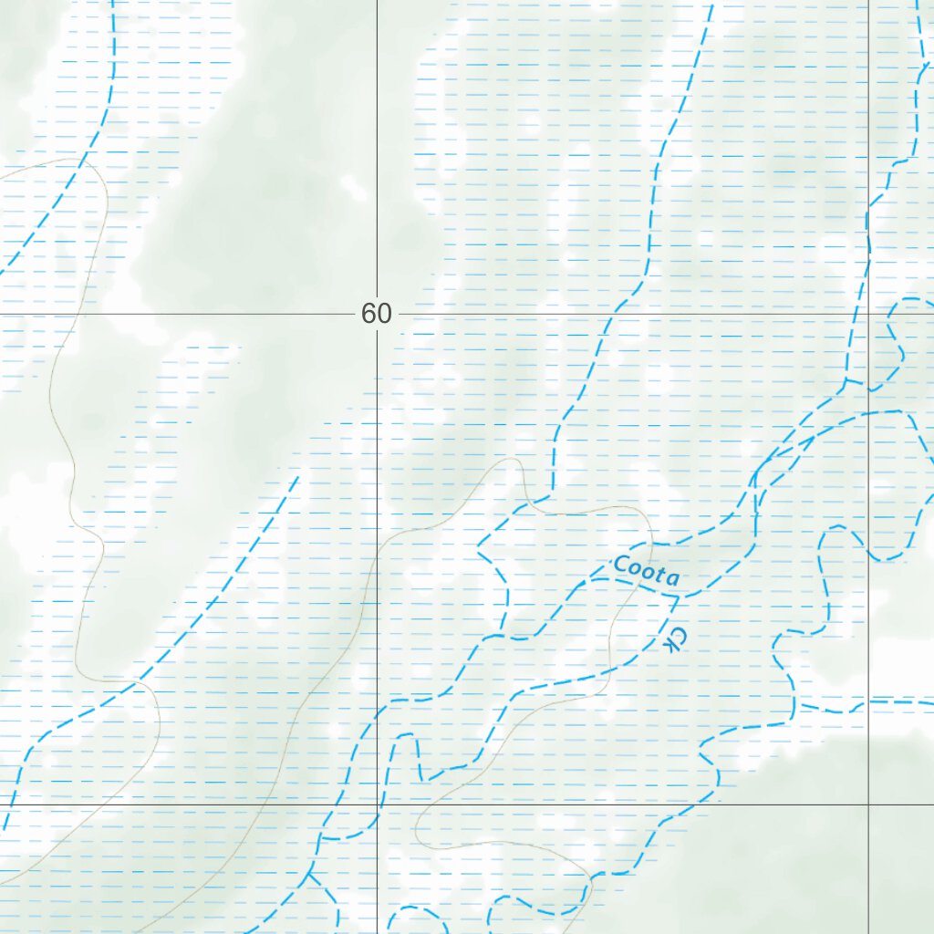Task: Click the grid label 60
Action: point(376,314)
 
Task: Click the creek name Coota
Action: point(647,570)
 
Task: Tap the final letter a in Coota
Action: point(672,578)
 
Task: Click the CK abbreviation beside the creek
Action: point(673,638)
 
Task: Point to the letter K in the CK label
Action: point(671,646)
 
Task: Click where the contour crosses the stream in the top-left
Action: point(85,162)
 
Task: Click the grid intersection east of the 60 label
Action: point(868,314)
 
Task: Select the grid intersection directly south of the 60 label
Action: point(378,804)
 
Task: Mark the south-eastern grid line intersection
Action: point(868,804)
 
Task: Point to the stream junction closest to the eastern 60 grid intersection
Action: point(847,380)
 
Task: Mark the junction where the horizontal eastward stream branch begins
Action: point(800,704)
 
